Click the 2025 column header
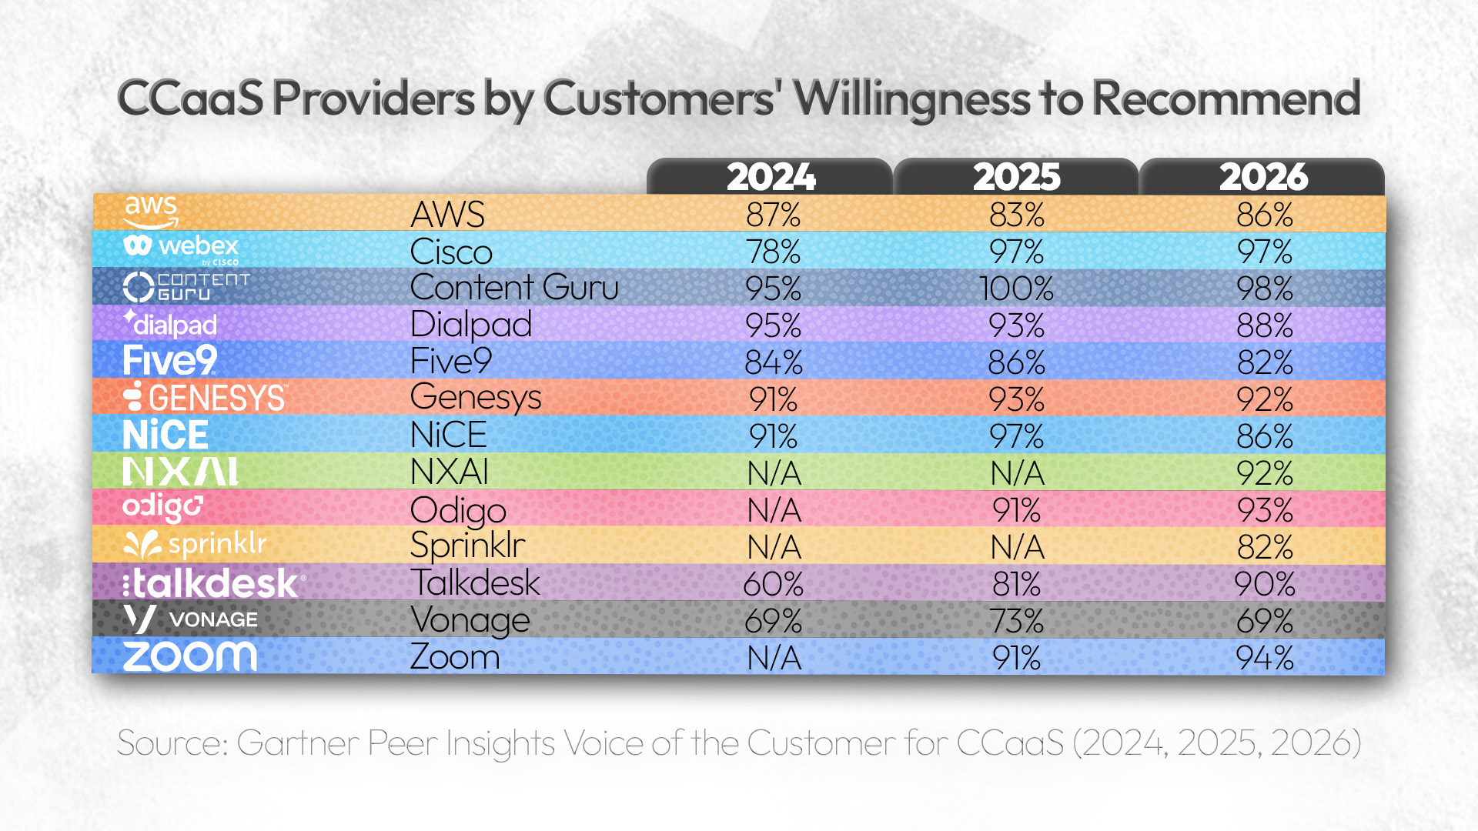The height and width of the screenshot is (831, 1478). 1016,177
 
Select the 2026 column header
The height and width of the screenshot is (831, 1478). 1263,177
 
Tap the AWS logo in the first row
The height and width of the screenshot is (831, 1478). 151,212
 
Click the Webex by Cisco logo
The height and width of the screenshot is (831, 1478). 182,249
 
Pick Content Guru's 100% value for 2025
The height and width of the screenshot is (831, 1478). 1016,289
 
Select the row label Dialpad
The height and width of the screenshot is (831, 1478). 471,325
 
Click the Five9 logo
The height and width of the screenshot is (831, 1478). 170,361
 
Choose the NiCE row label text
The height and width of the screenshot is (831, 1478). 448,436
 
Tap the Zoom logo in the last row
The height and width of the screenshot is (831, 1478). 189,657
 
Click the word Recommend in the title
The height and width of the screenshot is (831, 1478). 1226,98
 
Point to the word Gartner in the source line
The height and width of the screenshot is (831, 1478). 298,743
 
